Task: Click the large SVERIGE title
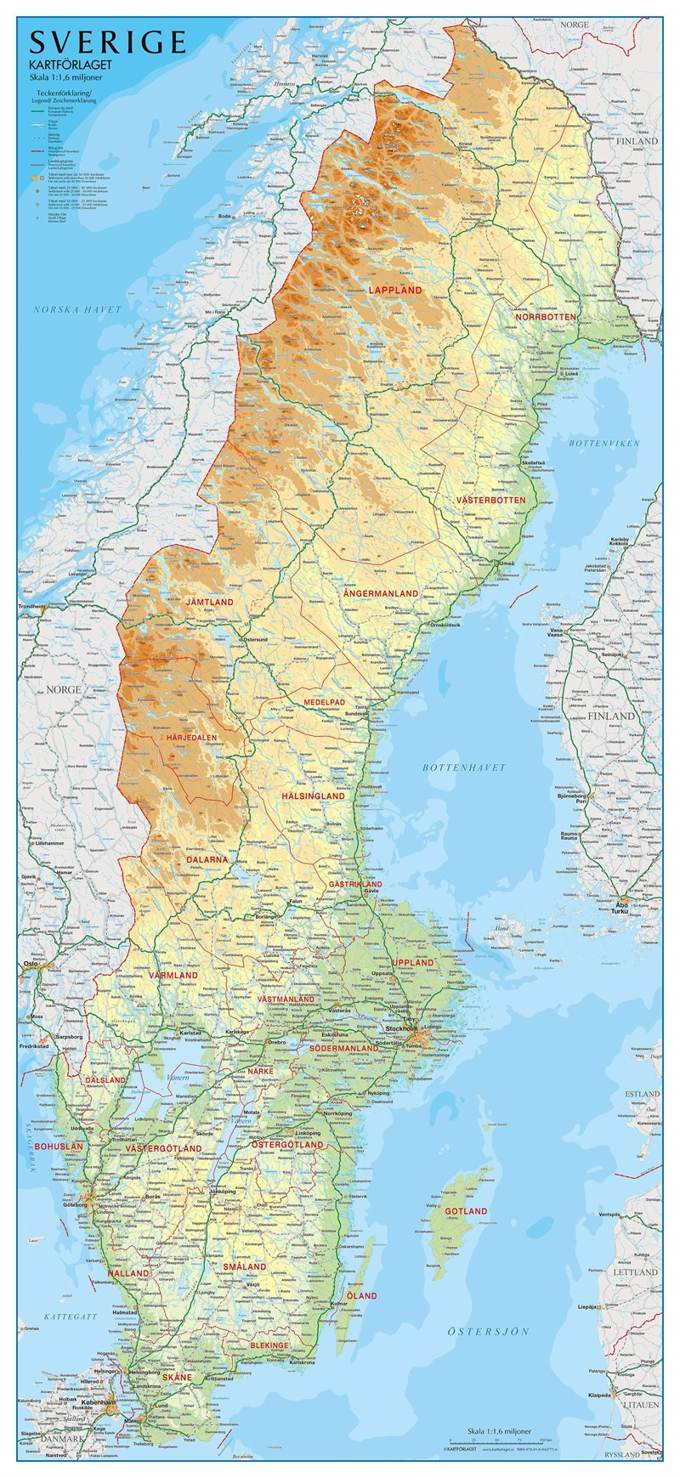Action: (x=107, y=42)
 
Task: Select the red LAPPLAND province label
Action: (x=395, y=290)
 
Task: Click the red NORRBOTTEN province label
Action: (x=547, y=317)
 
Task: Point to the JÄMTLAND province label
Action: (x=209, y=602)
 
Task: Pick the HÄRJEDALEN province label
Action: (x=191, y=738)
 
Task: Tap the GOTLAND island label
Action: (x=466, y=1210)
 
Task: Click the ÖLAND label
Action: (x=361, y=1295)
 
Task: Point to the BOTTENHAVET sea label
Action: (x=464, y=767)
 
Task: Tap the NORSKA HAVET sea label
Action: (x=77, y=310)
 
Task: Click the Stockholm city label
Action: (x=402, y=1028)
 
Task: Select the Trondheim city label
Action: (x=31, y=607)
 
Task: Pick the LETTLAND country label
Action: (x=636, y=1271)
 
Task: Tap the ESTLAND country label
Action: (x=642, y=1094)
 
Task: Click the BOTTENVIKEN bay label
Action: (x=603, y=444)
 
